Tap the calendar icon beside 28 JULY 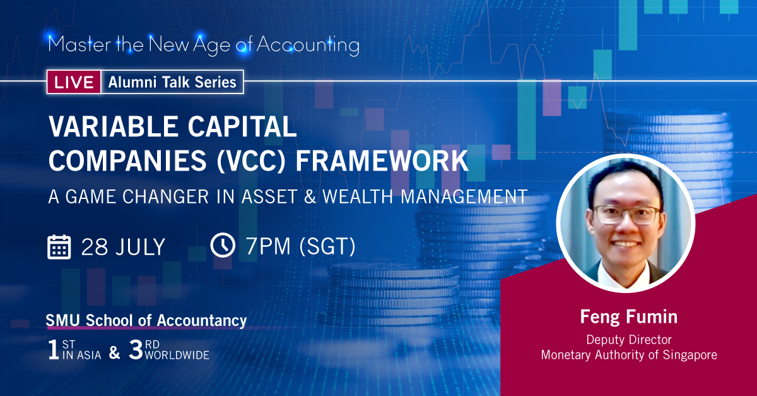(59, 246)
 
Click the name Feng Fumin (628, 316)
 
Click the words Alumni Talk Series (172, 81)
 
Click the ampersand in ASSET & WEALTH (308, 196)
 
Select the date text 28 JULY (123, 246)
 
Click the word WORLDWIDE (177, 356)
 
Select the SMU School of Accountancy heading (146, 321)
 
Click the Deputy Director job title (628, 339)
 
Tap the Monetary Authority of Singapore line (628, 355)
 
